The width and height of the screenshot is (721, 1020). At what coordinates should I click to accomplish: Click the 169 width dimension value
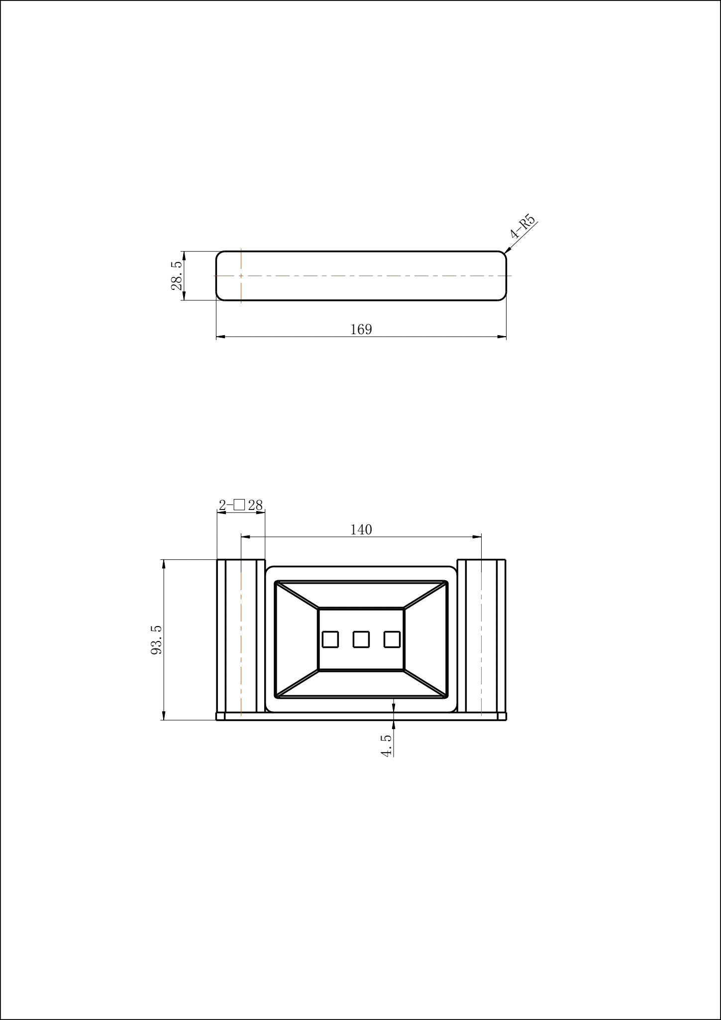pyautogui.click(x=361, y=329)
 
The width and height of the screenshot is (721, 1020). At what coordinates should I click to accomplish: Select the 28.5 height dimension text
pyautogui.click(x=177, y=276)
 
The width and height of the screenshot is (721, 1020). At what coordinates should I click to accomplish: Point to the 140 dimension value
pyautogui.click(x=361, y=529)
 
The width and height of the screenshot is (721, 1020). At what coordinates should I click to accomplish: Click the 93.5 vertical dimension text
pyautogui.click(x=156, y=640)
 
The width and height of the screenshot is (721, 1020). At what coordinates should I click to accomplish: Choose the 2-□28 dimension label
pyautogui.click(x=241, y=505)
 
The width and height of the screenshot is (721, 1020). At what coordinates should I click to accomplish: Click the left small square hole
pyautogui.click(x=330, y=639)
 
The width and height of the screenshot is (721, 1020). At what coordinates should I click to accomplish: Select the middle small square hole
pyautogui.click(x=361, y=639)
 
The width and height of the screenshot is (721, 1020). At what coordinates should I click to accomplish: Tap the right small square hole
pyautogui.click(x=392, y=639)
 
